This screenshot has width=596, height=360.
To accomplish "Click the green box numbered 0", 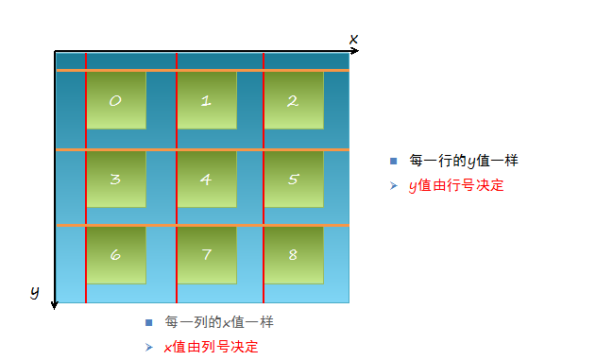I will point(116,100).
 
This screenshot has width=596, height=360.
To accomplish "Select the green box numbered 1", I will point(206,100).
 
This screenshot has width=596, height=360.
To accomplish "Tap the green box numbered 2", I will point(293,100).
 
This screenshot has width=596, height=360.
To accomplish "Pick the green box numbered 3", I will point(116,179).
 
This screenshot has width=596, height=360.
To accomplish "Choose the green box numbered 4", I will point(206,179).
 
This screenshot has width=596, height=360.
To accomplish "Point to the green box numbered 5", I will point(293,179).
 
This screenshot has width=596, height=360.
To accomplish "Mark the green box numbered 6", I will point(116,255).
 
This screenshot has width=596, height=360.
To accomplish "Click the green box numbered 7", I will point(206,255).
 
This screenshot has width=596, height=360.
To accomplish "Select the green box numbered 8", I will point(293,255).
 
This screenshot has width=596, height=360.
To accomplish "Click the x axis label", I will point(354,39).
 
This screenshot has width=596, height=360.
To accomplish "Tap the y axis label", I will point(35,293).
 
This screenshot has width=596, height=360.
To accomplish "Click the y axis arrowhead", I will point(55,303).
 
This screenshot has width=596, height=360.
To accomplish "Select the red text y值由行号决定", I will point(456,186).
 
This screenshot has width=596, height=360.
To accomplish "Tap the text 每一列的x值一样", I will point(219,322).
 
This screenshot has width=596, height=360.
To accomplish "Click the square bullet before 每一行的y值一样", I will point(393,162).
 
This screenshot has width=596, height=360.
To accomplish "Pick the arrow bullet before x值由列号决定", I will point(148,347).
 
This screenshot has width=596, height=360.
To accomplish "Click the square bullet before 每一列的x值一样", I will point(148,322).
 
